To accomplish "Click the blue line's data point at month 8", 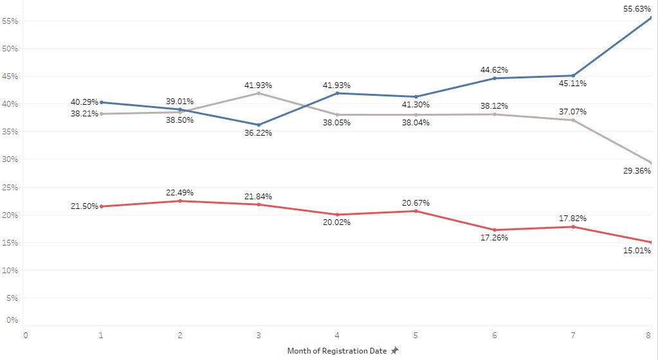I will click(x=651, y=17).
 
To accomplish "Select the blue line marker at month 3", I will click(x=259, y=125).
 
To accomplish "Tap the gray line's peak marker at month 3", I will click(x=259, y=93).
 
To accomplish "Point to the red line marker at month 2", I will click(x=180, y=201).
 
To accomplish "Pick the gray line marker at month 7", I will click(x=573, y=120).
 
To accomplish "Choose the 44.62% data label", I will click(x=494, y=69).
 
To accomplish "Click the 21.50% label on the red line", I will click(x=84, y=206).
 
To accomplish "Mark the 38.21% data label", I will click(x=84, y=114).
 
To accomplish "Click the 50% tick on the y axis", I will click(x=9, y=49).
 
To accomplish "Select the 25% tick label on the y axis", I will click(x=9, y=188).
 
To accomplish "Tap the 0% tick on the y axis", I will click(x=10, y=319).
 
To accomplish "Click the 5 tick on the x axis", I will click(x=416, y=335).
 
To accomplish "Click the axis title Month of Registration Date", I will click(x=337, y=351).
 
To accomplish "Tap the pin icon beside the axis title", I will click(x=395, y=351).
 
